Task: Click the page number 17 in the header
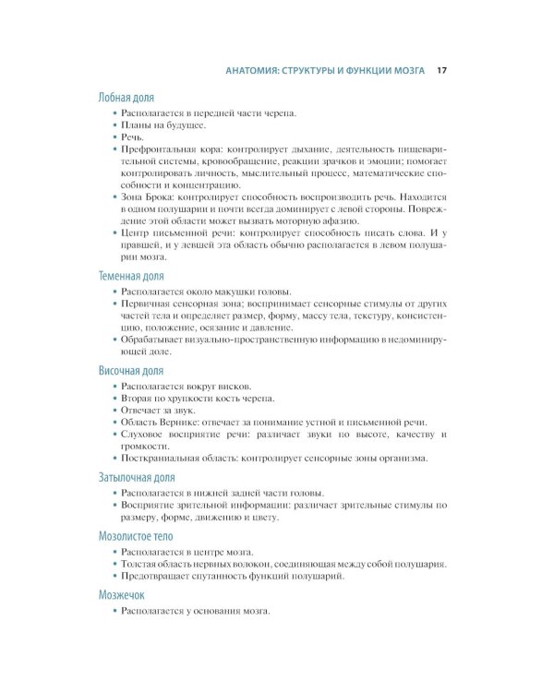click(441, 69)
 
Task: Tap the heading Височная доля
click(131, 369)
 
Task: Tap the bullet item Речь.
click(133, 136)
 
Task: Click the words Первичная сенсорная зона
click(184, 304)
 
